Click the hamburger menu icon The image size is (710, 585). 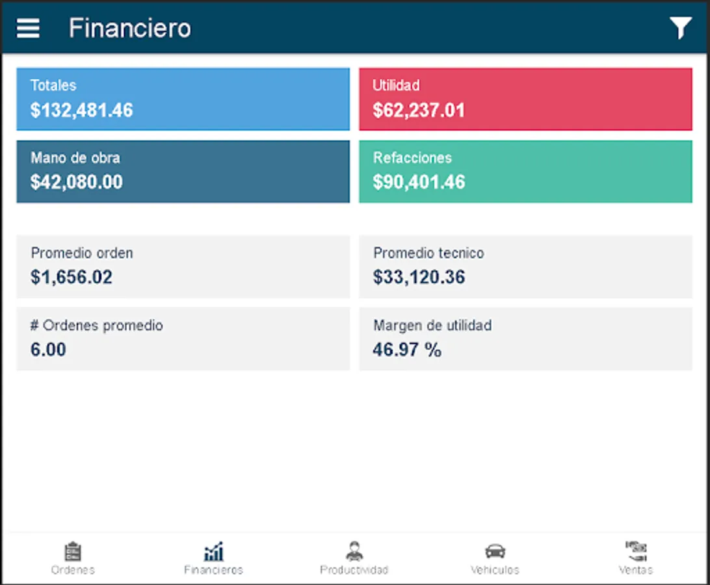(x=28, y=28)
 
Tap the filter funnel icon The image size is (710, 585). (x=680, y=28)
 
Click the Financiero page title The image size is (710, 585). (x=130, y=29)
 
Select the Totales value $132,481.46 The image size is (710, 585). (x=82, y=110)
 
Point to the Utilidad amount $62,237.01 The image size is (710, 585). (x=419, y=110)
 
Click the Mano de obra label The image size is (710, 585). (x=75, y=157)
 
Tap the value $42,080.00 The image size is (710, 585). (x=77, y=182)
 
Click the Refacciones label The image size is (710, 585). (x=412, y=157)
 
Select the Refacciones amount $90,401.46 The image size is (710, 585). (x=419, y=182)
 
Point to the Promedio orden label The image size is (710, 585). (x=82, y=253)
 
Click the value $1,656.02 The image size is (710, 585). (x=72, y=278)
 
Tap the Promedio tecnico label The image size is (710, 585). (x=428, y=253)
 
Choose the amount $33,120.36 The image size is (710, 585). (x=419, y=278)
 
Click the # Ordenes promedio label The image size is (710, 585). (x=96, y=325)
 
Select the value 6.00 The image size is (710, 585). (x=48, y=350)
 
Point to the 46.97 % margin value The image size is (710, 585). (x=407, y=350)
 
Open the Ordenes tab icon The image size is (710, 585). (x=73, y=552)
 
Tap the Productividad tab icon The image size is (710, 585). (x=354, y=551)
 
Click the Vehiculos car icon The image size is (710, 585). (x=495, y=551)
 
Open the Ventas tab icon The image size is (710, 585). (x=636, y=551)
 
